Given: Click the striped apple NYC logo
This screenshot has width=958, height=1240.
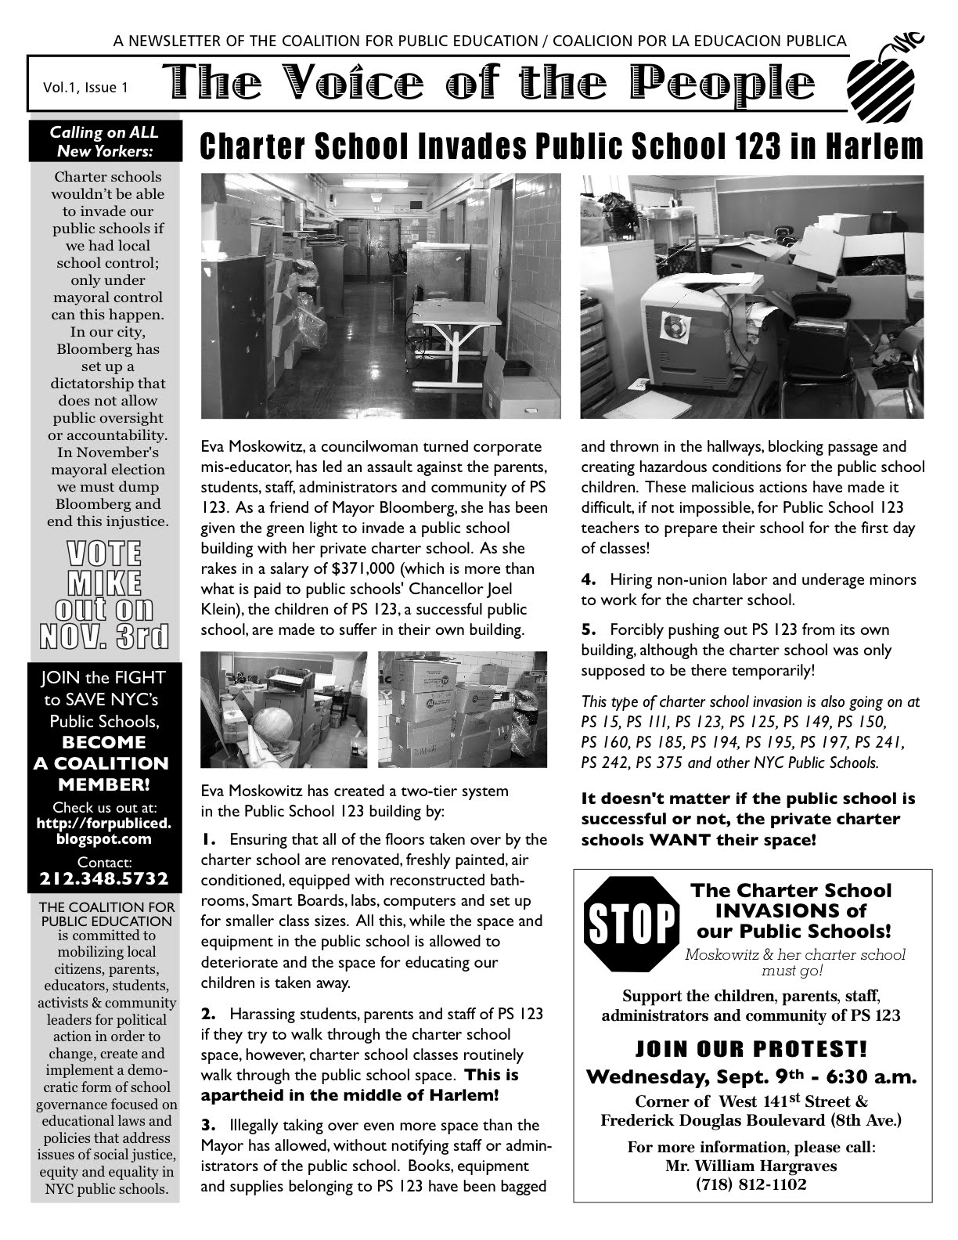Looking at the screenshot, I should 883,76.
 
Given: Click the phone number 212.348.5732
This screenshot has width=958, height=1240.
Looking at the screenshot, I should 104,879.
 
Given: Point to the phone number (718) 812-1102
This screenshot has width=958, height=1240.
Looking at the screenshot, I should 751,1184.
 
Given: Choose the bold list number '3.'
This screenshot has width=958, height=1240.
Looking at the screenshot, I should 208,1126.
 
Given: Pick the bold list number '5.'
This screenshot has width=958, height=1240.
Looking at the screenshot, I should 589,630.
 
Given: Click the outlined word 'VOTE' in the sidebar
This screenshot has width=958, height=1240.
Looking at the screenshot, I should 105,553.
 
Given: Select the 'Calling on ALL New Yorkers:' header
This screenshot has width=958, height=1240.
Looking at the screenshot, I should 105,142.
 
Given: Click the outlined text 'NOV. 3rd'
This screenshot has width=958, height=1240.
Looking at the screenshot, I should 105,636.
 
